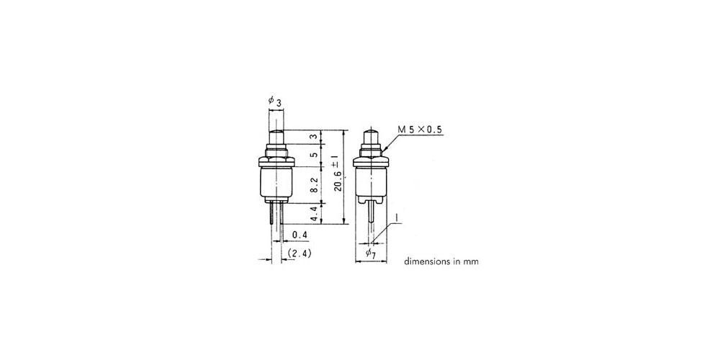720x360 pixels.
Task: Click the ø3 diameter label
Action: (274, 101)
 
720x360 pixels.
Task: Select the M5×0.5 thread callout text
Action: (419, 130)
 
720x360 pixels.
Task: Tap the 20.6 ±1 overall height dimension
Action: (338, 174)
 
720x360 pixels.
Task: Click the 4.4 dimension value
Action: (315, 214)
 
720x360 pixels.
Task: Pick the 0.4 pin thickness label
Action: (299, 235)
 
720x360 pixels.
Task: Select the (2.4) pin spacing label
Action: (300, 253)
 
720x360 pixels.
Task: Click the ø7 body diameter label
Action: (371, 253)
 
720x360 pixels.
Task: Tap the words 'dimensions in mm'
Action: (441, 262)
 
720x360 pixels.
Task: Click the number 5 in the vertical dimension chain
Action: (315, 156)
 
